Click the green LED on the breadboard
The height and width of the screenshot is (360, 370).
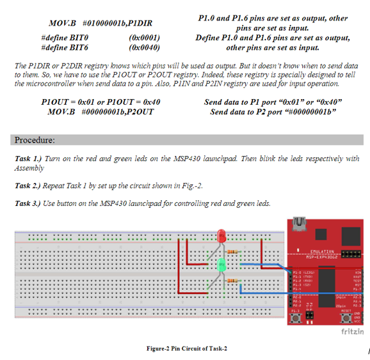click(221, 264)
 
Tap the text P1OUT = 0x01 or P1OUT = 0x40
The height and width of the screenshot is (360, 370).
click(101, 102)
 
